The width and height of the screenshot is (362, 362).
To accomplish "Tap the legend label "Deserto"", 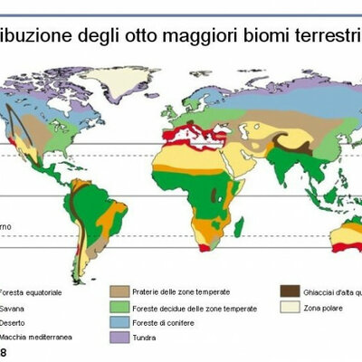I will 14,322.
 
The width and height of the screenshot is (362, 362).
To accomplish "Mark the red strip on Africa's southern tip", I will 205,246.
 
